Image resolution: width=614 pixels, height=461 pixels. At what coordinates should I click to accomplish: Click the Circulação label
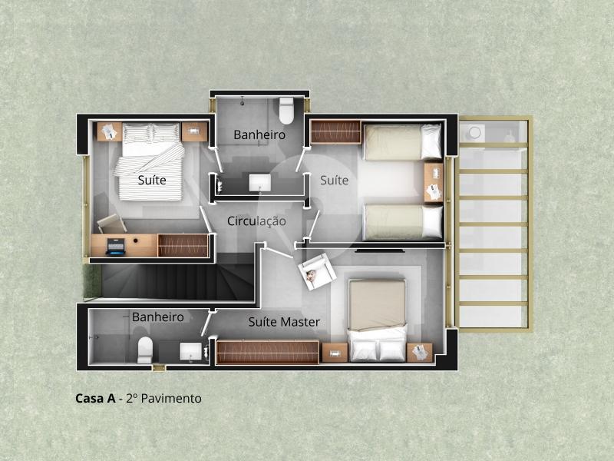click(256, 221)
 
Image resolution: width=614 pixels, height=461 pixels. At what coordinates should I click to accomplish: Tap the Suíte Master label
click(284, 322)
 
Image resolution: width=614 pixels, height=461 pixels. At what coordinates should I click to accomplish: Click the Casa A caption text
click(95, 398)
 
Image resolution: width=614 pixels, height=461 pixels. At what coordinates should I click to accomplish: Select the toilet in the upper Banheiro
click(286, 110)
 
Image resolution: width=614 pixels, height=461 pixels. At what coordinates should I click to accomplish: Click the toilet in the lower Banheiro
click(145, 350)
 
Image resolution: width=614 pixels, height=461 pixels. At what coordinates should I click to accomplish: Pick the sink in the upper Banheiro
click(260, 183)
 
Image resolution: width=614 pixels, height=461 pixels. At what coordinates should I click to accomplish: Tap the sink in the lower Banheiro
click(190, 351)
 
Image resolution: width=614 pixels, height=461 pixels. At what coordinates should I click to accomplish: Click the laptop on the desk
click(116, 246)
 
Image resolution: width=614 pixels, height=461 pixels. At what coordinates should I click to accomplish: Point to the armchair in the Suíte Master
click(317, 272)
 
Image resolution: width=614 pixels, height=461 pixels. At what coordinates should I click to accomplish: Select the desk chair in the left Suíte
click(111, 224)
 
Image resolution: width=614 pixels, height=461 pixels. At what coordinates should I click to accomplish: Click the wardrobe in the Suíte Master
click(267, 352)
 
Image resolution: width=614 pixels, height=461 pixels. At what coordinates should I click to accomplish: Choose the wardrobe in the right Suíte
click(335, 131)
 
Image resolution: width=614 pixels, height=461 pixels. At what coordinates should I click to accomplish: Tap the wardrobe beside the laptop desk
click(183, 245)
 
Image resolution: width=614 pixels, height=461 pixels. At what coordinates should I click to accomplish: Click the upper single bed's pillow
click(431, 141)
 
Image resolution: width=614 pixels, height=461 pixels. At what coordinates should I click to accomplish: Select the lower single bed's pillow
click(432, 221)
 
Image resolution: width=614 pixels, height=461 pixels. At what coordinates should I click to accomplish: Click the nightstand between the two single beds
click(434, 183)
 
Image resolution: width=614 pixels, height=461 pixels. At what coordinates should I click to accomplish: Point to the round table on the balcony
click(475, 133)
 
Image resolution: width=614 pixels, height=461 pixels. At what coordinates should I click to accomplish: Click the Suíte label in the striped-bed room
click(152, 180)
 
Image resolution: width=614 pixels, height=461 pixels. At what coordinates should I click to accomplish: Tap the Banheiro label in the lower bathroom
click(158, 317)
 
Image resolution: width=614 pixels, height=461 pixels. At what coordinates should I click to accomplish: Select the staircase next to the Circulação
click(178, 280)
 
